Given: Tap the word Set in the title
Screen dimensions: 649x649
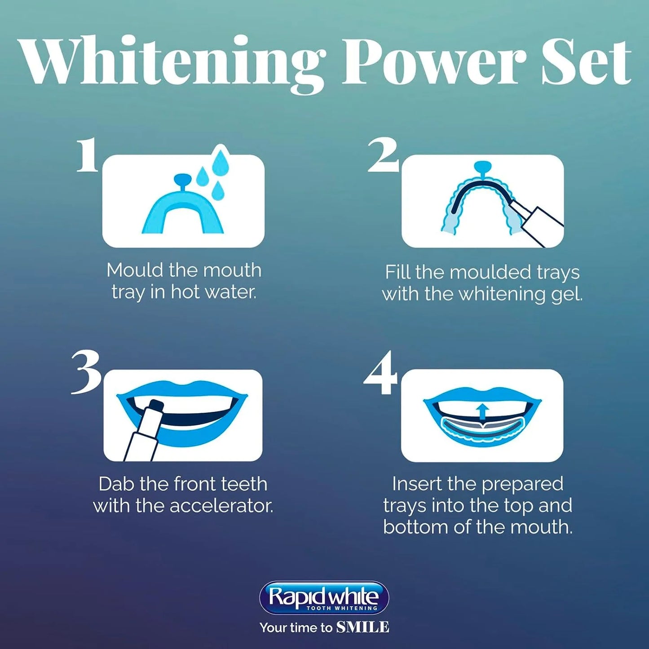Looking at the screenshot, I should tap(586, 63).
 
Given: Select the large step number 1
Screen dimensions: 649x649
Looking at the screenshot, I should tap(87, 155).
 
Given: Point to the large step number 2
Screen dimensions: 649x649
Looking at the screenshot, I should tap(383, 155).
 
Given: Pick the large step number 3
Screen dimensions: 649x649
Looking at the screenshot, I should tap(86, 372).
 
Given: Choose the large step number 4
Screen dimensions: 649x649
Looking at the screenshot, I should tap(381, 373).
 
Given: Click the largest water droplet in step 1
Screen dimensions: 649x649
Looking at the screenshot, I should tap(221, 159).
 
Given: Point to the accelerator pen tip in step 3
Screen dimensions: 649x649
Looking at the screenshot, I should tap(155, 407).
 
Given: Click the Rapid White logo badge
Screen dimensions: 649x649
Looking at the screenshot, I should tap(324, 598).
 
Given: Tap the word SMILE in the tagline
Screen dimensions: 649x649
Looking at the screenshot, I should tap(363, 627).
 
